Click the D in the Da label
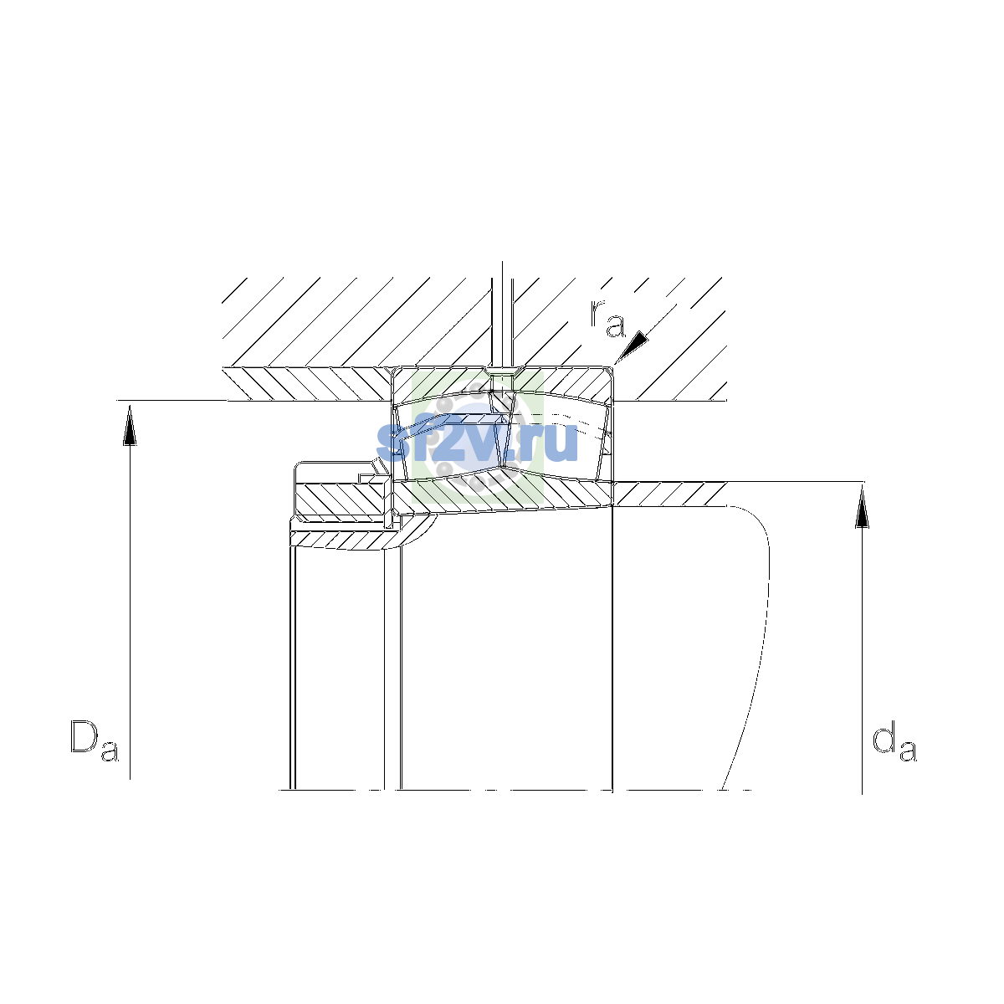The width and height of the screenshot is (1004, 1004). coord(84,737)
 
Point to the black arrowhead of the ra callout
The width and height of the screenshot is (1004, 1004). coord(633,346)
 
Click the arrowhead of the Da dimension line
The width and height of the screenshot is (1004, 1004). coord(130,426)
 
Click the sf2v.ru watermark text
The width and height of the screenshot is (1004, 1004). coord(477,442)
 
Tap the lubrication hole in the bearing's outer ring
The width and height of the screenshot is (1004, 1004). coord(502,382)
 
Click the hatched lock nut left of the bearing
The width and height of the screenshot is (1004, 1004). coord(340,499)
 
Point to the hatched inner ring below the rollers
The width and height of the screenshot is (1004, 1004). coord(503,494)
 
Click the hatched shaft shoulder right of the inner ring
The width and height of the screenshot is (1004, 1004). coord(669,494)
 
